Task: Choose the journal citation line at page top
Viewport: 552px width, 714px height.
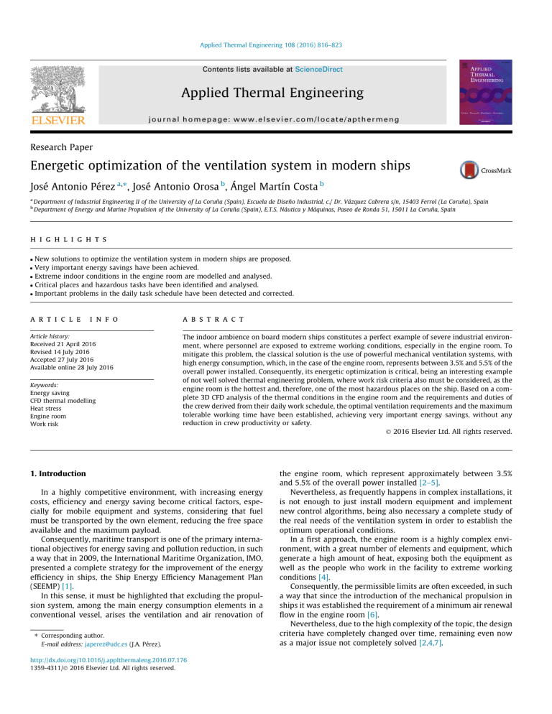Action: point(275,45)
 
